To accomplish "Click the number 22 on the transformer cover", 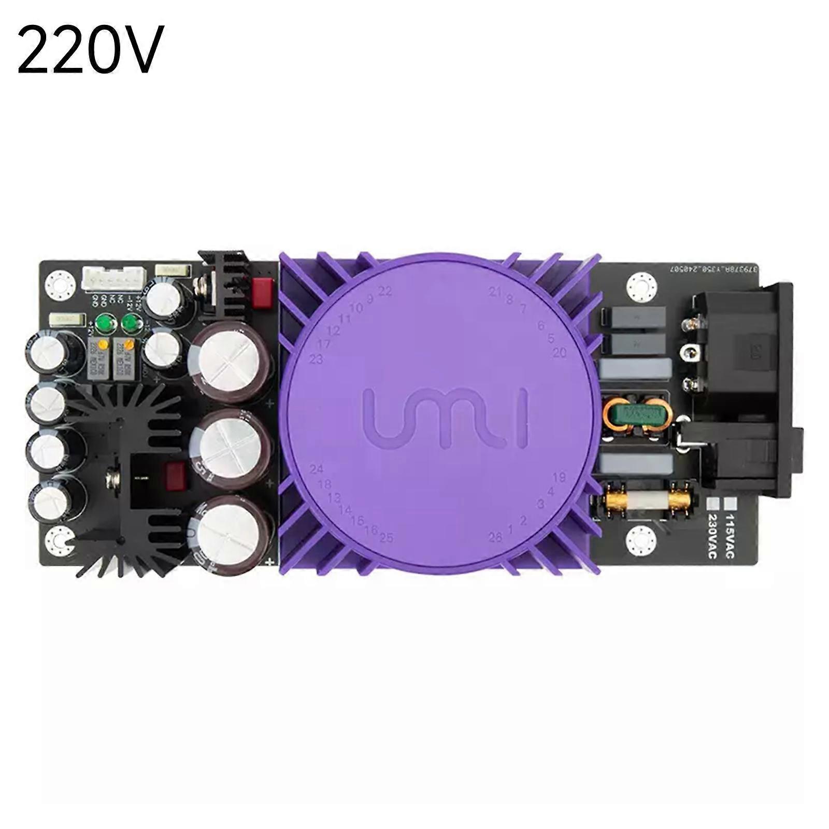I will [x=385, y=291].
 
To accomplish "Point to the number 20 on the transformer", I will [x=560, y=353].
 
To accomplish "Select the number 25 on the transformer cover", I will [x=386, y=538].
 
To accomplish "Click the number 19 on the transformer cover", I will [x=559, y=477].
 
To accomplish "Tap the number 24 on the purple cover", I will [x=317, y=469].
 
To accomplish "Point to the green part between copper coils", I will [x=638, y=413].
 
